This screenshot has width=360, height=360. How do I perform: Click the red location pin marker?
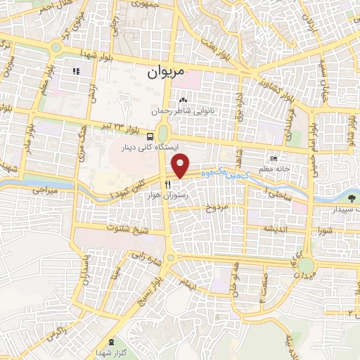(x=181, y=167)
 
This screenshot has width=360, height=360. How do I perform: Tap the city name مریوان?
(x=167, y=72)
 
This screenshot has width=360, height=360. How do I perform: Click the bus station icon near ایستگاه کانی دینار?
(x=152, y=135)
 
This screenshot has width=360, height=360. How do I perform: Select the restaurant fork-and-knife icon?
(x=167, y=184)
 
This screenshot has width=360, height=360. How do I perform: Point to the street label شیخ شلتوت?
(x=123, y=228)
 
